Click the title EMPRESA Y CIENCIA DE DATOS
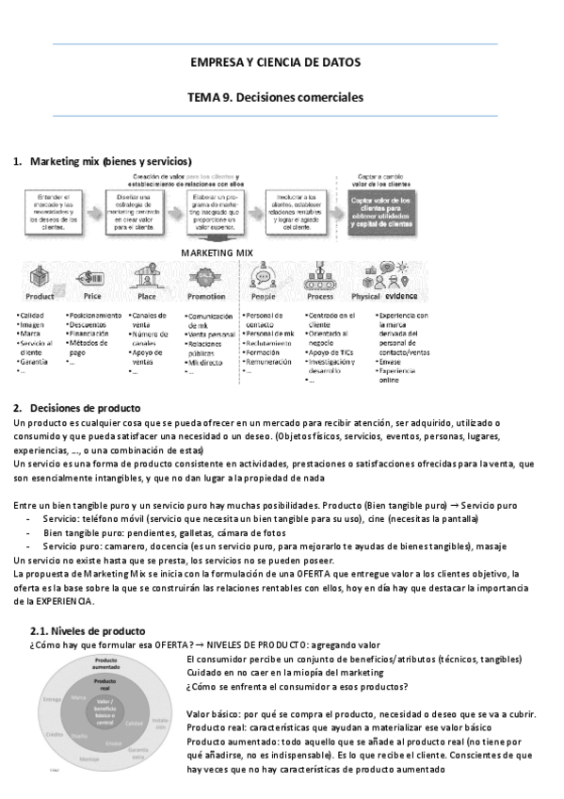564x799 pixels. (x=275, y=62)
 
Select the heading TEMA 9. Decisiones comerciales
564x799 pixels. (x=275, y=97)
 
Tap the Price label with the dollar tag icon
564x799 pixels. (x=92, y=296)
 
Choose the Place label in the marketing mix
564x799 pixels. (x=147, y=296)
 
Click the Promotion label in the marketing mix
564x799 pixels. (x=206, y=296)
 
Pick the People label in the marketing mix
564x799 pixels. (x=265, y=296)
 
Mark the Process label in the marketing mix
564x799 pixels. (x=320, y=296)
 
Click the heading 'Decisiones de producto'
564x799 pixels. (x=85, y=407)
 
